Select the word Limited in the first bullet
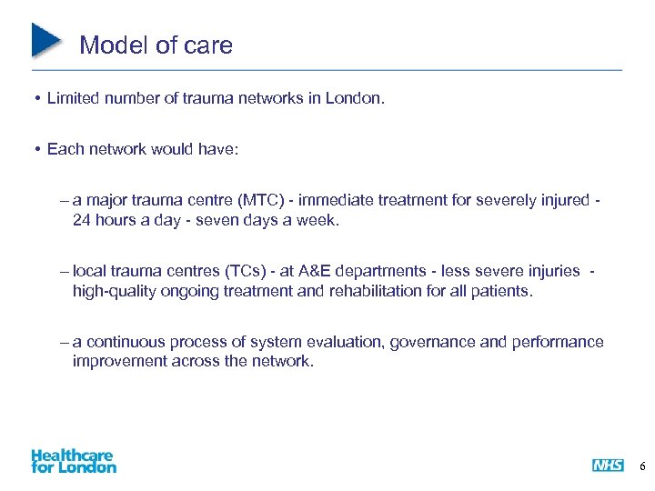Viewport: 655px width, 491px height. click(74, 97)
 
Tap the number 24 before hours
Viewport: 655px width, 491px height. click(83, 221)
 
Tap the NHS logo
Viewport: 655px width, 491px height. click(608, 466)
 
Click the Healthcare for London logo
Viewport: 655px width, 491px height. click(73, 460)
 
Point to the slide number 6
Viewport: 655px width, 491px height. click(642, 466)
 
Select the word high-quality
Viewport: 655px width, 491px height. click(113, 292)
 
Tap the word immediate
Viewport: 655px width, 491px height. click(345, 200)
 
